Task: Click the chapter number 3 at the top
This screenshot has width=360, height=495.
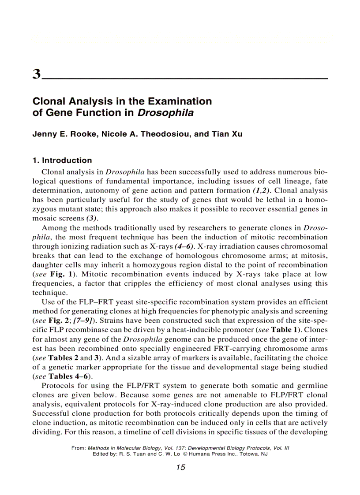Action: [37, 74]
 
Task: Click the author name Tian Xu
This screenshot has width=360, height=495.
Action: [227, 134]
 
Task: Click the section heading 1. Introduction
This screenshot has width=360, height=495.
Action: [62, 160]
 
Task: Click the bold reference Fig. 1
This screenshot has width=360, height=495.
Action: [60, 274]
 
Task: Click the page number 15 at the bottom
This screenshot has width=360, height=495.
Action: [180, 468]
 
